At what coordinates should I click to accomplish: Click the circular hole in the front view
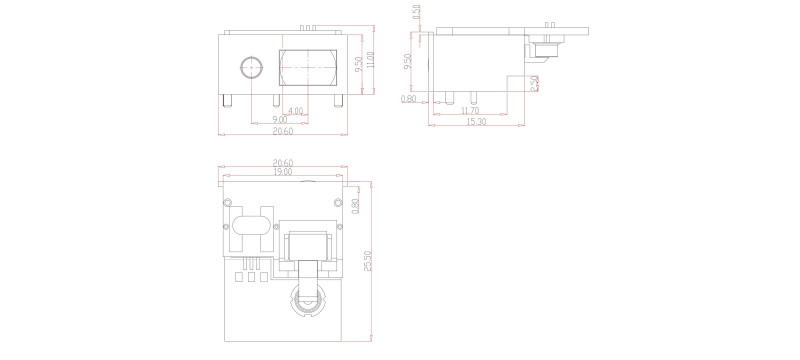[250, 67]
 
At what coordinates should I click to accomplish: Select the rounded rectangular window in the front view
[308, 68]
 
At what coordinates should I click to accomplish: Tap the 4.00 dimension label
[296, 110]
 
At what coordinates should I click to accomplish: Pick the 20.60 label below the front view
[283, 131]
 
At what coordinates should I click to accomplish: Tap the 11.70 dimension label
[468, 111]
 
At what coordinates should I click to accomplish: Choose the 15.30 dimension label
[477, 122]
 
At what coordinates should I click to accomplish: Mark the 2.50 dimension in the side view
[535, 83]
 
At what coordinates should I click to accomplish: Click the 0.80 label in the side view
[408, 99]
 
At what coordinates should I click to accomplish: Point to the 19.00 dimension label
[283, 172]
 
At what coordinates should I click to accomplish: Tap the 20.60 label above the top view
[283, 162]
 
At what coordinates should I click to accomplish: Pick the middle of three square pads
[251, 278]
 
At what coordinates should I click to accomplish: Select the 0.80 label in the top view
[356, 205]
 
